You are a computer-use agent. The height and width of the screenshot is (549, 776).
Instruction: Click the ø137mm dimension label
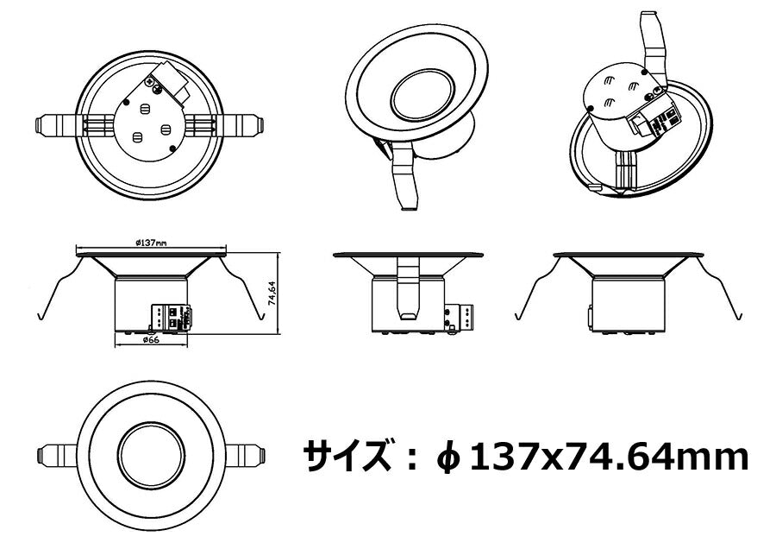pyautogui.click(x=151, y=243)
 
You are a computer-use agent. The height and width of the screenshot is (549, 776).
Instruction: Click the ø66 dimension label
pyautogui.click(x=150, y=340)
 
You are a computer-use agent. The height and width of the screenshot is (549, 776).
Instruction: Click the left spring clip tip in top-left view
pyautogui.click(x=39, y=124)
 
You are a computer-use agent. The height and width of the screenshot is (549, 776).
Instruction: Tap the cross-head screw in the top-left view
pyautogui.click(x=150, y=81)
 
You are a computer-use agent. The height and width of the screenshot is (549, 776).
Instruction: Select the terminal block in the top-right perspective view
pyautogui.click(x=654, y=120)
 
